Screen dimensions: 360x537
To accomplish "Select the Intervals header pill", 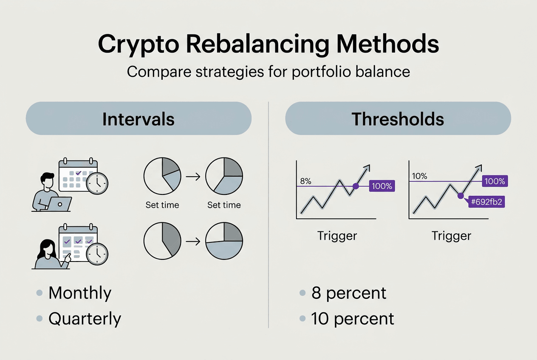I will (138, 119).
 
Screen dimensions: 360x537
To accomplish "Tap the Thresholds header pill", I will (398, 119).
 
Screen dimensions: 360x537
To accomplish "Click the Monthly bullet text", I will (80, 293).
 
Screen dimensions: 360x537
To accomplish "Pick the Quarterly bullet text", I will (85, 318).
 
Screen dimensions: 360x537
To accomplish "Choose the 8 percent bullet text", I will (349, 293).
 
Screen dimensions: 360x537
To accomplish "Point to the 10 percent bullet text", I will (353, 318).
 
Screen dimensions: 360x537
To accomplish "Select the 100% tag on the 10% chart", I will (495, 181).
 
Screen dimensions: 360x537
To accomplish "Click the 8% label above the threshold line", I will (305, 181).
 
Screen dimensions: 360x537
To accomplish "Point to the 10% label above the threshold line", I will (419, 176).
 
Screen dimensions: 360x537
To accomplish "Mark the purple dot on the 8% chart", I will (356, 186).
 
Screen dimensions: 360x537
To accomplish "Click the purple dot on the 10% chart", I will (460, 196).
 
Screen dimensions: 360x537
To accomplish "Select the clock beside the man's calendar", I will (97, 183).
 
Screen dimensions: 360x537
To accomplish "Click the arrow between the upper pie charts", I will (193, 176).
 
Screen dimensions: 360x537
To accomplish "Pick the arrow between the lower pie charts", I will (193, 242).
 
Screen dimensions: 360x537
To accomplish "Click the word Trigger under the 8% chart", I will (337, 236).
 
